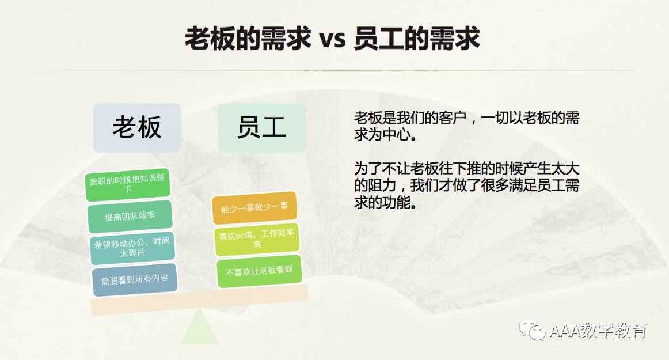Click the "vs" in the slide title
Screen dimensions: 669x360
pyautogui.click(x=332, y=39)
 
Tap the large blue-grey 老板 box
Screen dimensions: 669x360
pyautogui.click(x=137, y=128)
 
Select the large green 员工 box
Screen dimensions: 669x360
pyautogui.click(x=261, y=128)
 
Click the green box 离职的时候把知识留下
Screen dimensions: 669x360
pyautogui.click(x=128, y=184)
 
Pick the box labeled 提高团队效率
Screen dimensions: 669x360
pyautogui.click(x=130, y=216)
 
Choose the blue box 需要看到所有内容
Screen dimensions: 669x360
pyautogui.click(x=134, y=280)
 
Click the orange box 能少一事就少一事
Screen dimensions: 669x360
pyautogui.click(x=254, y=208)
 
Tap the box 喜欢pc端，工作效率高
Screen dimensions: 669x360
pyautogui.click(x=257, y=239)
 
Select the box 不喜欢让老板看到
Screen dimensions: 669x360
pyautogui.click(x=259, y=271)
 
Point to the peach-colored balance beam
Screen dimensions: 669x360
pyautogui.click(x=199, y=300)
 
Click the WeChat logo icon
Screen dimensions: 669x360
pyautogui.click(x=532, y=329)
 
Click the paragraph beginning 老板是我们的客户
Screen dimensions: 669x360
pyautogui.click(x=466, y=126)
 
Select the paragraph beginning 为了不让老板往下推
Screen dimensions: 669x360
pyautogui.click(x=466, y=185)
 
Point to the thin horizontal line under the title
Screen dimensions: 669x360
pyautogui.click(x=334, y=70)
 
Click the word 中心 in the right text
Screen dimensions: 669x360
pyautogui.click(x=396, y=135)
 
